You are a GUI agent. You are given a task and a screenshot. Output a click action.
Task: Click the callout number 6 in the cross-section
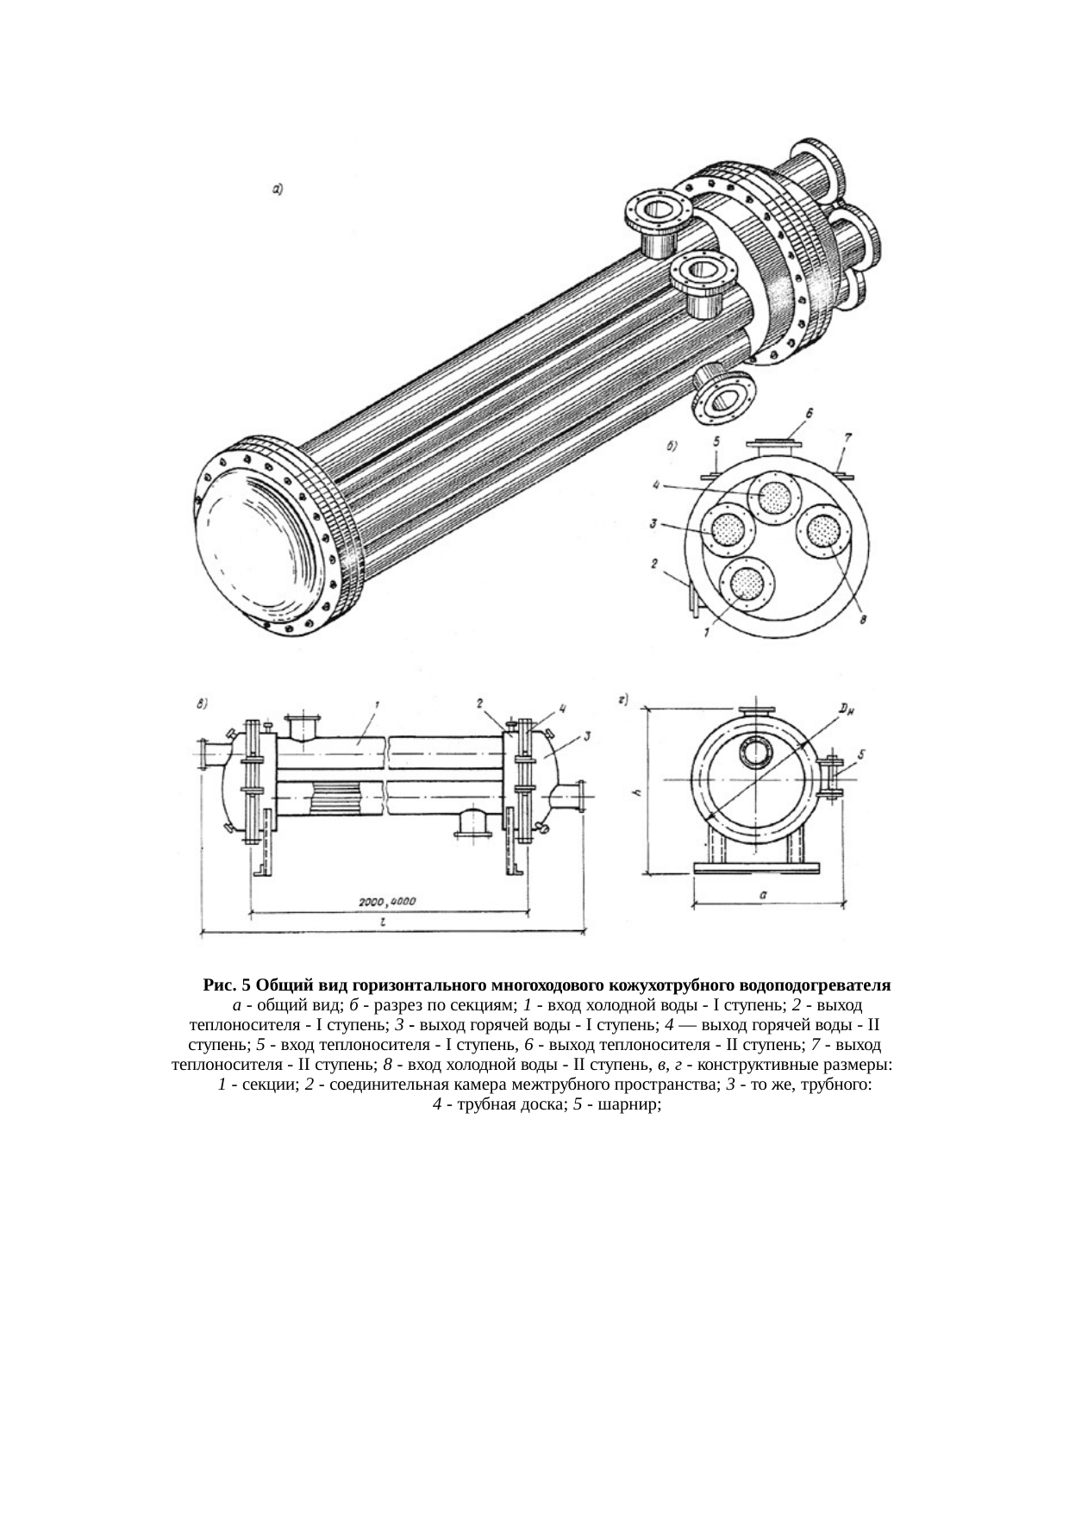pos(810,415)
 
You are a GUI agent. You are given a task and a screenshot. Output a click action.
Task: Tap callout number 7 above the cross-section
pos(848,439)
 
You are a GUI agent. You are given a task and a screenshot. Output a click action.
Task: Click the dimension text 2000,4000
pos(387,902)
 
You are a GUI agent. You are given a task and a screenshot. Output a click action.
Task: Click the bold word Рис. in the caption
pos(220,985)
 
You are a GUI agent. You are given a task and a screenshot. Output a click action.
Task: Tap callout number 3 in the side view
pos(586,735)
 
